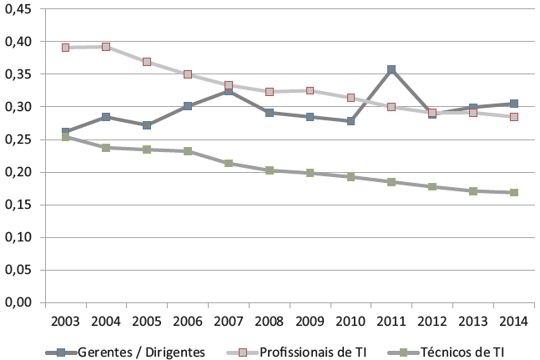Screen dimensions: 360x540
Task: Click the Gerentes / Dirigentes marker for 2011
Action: [391, 70]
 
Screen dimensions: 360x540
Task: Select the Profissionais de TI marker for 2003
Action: [65, 48]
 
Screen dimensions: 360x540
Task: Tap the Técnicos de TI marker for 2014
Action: [514, 192]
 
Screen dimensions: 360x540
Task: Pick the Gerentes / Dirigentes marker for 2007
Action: [229, 90]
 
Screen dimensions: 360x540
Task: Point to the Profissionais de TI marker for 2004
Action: [106, 47]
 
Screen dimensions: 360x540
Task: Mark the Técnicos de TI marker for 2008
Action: [270, 170]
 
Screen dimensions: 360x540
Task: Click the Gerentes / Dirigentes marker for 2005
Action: [147, 125]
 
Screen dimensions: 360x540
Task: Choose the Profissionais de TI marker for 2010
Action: [351, 98]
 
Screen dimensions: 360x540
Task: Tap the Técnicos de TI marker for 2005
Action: [147, 150]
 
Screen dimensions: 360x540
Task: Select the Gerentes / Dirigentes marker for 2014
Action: [514, 104]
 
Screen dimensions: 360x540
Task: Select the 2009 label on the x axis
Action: [310, 322]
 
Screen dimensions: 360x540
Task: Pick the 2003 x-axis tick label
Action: [65, 322]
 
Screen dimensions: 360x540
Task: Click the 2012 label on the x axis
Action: [432, 322]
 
